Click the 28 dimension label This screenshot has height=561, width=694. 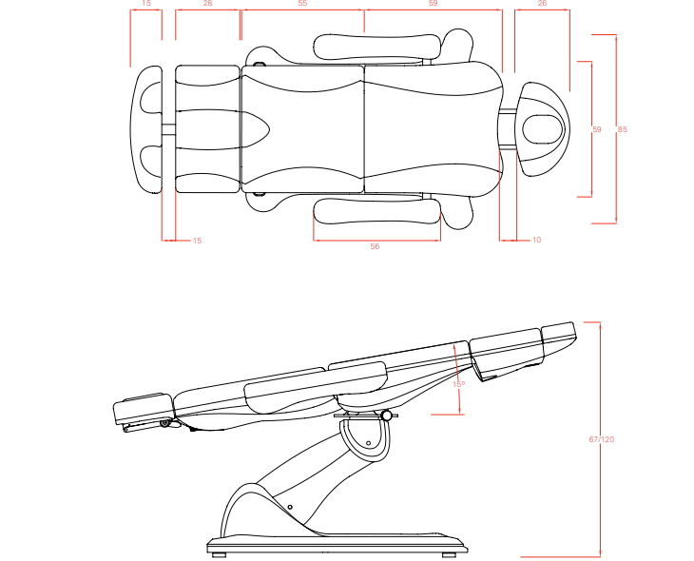pyautogui.click(x=207, y=5)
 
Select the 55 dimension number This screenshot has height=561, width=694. pyautogui.click(x=302, y=5)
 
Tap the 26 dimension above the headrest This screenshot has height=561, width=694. pyautogui.click(x=542, y=5)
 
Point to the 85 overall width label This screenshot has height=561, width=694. pyautogui.click(x=621, y=128)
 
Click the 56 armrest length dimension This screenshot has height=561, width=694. pyautogui.click(x=375, y=245)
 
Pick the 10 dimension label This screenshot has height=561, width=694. pyautogui.click(x=536, y=240)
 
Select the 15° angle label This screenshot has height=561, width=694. pyautogui.click(x=458, y=384)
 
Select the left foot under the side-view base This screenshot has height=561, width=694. pyautogui.click(x=219, y=552)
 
